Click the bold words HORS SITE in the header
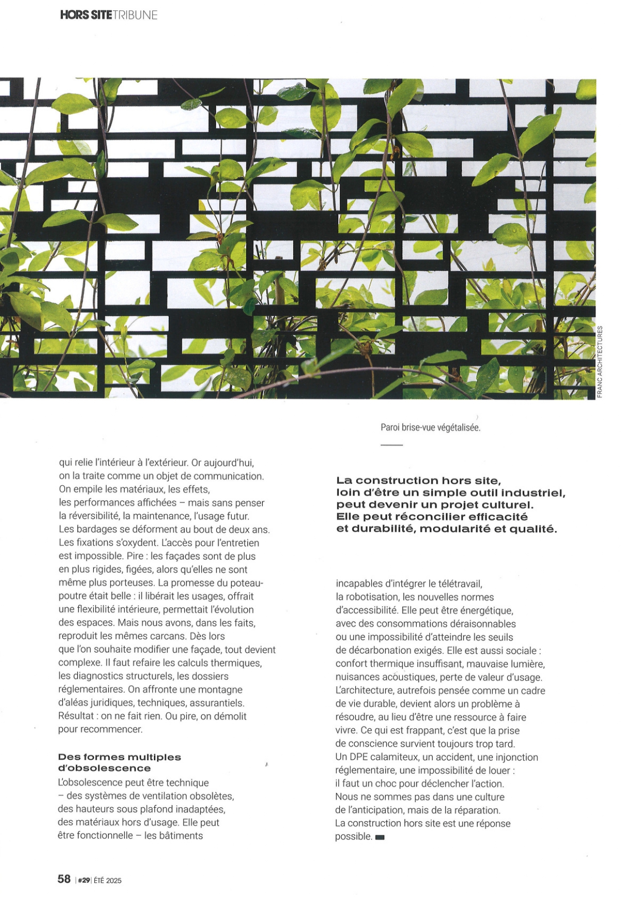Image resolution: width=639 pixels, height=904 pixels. pyautogui.click(x=85, y=15)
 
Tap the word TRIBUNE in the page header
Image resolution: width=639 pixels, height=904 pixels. pyautogui.click(x=135, y=15)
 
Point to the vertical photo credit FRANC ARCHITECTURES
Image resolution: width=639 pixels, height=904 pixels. pyautogui.click(x=600, y=362)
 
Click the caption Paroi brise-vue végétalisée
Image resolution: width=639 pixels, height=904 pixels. pyautogui.click(x=430, y=428)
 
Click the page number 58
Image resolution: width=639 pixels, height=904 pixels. pyautogui.click(x=64, y=879)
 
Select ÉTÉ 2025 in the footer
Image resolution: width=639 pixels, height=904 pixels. pyautogui.click(x=108, y=880)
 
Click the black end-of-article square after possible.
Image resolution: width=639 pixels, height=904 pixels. pyautogui.click(x=380, y=838)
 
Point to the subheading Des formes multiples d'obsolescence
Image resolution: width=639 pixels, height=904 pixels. pyautogui.click(x=119, y=762)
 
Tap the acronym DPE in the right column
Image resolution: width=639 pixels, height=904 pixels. pyautogui.click(x=360, y=757)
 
